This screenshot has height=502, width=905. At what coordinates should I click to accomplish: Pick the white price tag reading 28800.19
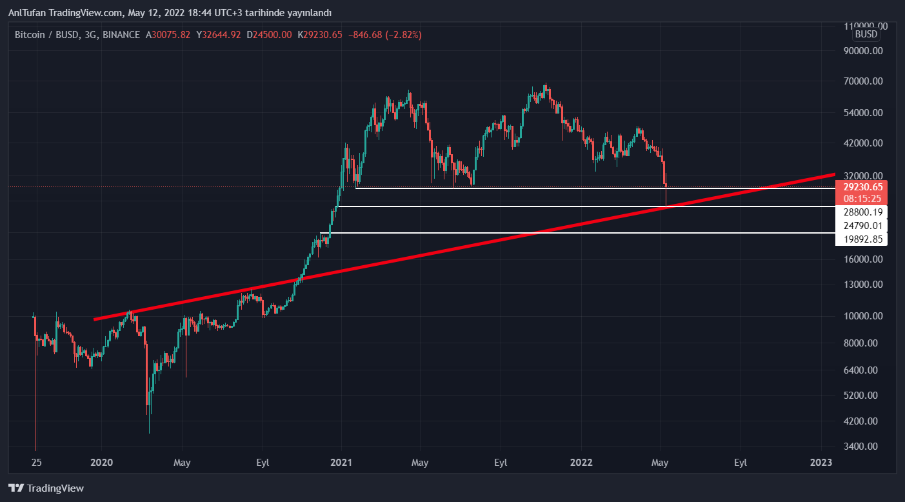pos(861,212)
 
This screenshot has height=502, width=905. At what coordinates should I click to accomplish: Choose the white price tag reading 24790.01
pos(861,226)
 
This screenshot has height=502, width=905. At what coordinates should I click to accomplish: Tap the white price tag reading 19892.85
pos(861,239)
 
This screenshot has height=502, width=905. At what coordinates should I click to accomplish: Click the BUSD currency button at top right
pos(866,34)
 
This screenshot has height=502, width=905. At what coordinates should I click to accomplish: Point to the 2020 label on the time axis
pos(102,463)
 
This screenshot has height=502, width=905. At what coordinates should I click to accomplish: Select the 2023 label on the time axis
pos(821,463)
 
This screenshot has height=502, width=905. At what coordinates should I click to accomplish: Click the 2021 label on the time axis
pos(341,463)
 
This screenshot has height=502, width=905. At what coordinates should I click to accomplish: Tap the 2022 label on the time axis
pos(581,463)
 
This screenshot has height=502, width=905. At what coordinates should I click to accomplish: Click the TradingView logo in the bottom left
pos(46,488)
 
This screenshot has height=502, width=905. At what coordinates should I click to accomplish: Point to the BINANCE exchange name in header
pos(121,35)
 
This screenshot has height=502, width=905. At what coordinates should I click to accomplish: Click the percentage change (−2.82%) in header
pos(403,35)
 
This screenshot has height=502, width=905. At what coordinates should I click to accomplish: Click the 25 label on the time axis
pos(37,463)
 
